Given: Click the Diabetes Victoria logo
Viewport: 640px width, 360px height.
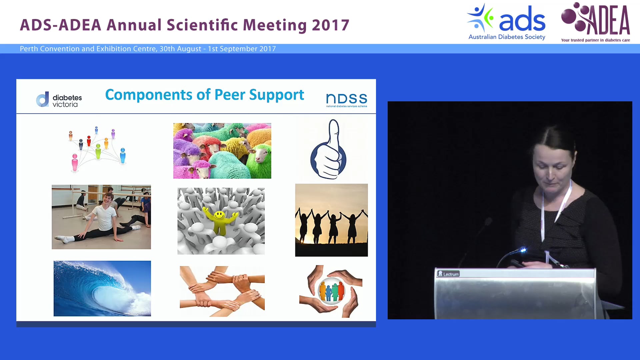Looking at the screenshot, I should tap(59, 100).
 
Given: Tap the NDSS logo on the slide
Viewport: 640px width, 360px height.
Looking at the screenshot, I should tap(346, 100).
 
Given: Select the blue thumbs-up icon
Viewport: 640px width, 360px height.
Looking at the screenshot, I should tap(329, 150).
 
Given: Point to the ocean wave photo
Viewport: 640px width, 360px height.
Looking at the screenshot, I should tap(102, 288).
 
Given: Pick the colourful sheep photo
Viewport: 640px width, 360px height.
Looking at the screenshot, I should tap(222, 151).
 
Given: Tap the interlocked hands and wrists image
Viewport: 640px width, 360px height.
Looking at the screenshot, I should tap(222, 291).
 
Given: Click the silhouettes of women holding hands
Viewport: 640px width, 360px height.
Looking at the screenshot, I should tap(331, 220).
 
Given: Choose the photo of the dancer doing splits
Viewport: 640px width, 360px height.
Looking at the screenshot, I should tap(101, 217).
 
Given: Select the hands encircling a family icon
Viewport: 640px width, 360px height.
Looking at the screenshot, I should tap(331, 291).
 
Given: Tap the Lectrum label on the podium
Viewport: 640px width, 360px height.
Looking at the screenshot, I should tap(448, 274).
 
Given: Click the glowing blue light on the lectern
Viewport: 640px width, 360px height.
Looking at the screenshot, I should tap(523, 250).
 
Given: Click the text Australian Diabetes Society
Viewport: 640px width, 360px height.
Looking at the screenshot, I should tap(507, 37).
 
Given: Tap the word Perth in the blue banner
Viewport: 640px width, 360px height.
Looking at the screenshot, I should tap(29, 49).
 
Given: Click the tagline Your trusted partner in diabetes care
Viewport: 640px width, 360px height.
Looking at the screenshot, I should tap(595, 40).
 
